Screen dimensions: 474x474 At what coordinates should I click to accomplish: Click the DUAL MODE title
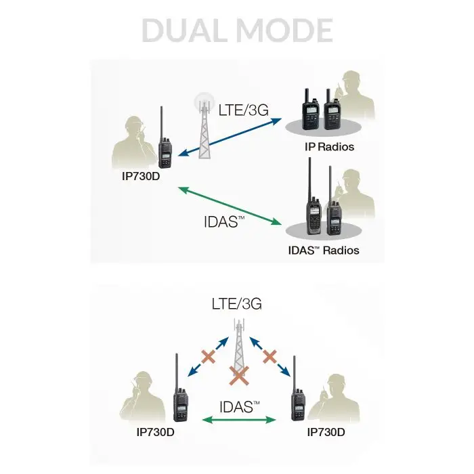(x=237, y=30)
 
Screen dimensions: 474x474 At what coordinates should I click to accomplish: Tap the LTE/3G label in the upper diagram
(x=243, y=110)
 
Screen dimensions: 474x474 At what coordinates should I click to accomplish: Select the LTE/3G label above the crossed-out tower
(x=237, y=304)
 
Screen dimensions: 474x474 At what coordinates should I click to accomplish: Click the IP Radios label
(x=329, y=147)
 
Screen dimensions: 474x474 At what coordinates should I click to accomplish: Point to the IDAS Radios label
(x=324, y=251)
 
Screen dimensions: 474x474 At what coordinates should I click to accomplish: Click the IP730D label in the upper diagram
(x=141, y=176)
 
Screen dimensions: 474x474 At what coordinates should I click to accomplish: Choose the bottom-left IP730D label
(x=155, y=432)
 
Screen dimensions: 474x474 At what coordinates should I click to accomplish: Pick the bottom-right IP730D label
(x=326, y=432)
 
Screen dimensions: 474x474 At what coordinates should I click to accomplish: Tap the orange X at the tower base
(x=239, y=375)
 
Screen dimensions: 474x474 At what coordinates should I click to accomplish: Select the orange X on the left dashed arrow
(x=209, y=356)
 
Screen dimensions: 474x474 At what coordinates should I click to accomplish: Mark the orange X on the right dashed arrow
(x=270, y=356)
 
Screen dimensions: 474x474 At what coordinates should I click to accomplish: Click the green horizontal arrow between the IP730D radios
(x=239, y=419)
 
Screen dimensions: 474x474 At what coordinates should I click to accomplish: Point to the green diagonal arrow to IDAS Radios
(x=230, y=206)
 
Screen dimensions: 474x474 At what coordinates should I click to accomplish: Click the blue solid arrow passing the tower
(x=230, y=137)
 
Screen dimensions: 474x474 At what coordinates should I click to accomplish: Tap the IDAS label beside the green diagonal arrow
(x=224, y=222)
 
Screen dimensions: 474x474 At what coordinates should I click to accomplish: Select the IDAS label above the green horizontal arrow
(x=240, y=407)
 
